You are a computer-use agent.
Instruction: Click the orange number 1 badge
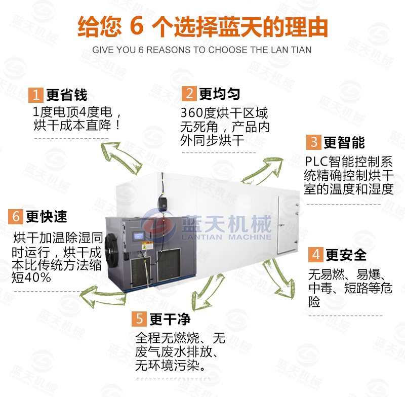tap(35, 95)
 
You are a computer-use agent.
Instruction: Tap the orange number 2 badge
tap(189, 94)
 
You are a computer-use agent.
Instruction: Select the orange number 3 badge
tap(314, 142)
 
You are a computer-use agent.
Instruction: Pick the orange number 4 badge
tap(315, 255)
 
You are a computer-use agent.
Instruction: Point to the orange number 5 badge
tap(139, 319)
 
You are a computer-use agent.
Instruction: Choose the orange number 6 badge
tap(16, 216)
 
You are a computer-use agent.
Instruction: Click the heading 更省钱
tap(67, 95)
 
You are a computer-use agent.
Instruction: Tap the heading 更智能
tap(344, 143)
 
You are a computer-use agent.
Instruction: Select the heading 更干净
tap(170, 319)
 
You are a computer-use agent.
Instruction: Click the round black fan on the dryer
tap(111, 251)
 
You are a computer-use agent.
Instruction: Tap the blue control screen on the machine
tap(138, 236)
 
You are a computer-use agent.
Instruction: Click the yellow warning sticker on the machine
tap(147, 246)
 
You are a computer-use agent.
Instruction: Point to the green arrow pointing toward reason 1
tap(121, 157)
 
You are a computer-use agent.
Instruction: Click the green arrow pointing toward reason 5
tap(207, 292)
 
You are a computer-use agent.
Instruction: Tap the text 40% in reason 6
tap(37, 277)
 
